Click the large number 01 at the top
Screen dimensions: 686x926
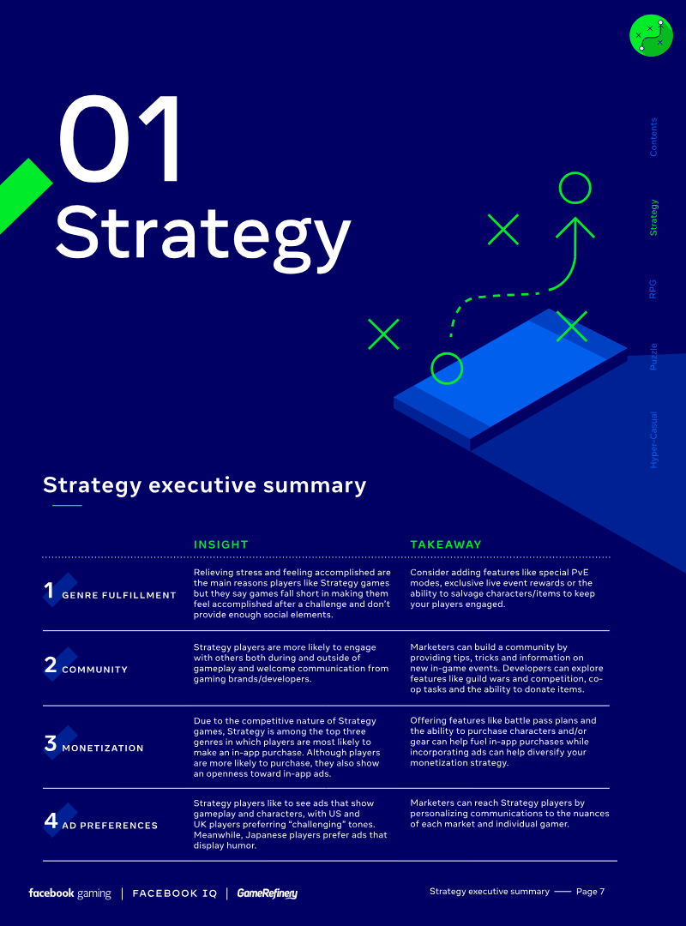click(x=120, y=140)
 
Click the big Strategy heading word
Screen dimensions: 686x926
click(x=202, y=236)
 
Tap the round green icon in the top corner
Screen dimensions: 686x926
click(x=651, y=35)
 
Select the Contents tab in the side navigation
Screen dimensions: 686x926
click(x=653, y=137)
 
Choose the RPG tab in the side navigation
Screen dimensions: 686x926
click(x=653, y=289)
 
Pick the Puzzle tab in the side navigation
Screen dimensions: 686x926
click(x=653, y=357)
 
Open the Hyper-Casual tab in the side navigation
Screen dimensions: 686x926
click(x=653, y=440)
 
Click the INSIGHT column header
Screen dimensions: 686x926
click(x=221, y=544)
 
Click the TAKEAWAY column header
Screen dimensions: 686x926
click(x=446, y=544)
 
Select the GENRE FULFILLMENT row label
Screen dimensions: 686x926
click(x=119, y=595)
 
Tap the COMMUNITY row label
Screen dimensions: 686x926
click(x=94, y=670)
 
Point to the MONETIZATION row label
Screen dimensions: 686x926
click(x=103, y=749)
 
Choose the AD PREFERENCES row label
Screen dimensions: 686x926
click(x=110, y=826)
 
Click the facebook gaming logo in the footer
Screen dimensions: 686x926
click(x=69, y=893)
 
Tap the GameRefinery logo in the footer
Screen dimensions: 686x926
click(x=267, y=893)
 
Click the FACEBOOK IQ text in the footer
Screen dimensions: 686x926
click(x=175, y=893)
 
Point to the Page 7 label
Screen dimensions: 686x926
click(x=590, y=892)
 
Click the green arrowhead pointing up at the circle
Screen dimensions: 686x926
click(x=575, y=227)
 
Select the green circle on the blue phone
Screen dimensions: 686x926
click(x=447, y=369)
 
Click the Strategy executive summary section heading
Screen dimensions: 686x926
click(x=204, y=485)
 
